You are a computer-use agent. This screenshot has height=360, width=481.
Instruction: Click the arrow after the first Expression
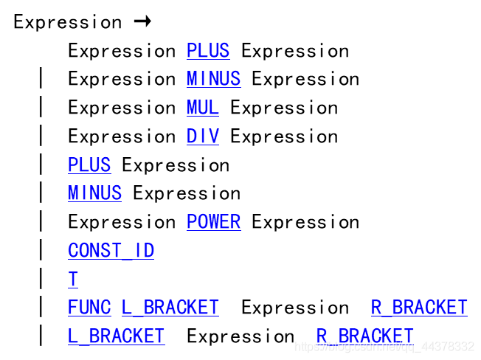142,21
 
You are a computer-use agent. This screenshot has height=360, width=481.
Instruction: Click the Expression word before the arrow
68,23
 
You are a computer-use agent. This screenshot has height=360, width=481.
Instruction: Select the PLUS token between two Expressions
208,51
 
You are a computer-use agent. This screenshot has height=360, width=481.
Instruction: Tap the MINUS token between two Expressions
214,79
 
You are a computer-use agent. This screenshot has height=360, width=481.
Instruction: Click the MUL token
203,108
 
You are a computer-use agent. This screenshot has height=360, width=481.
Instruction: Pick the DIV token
203,136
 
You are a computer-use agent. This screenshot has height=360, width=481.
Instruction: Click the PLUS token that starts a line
89,165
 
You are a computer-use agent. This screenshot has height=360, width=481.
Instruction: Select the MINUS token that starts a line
94,193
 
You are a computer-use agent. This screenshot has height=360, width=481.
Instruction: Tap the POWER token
214,222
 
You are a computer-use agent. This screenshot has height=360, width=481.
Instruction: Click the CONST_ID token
111,251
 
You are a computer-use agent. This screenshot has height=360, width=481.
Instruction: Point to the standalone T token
73,279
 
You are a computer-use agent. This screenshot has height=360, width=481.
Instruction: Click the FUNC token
89,308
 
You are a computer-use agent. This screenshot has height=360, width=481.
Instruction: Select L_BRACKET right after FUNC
170,308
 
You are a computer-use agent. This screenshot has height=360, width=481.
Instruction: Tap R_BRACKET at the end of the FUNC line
419,308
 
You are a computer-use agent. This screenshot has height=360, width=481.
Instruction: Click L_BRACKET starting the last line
117,336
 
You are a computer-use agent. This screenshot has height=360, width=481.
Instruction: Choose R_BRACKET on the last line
365,336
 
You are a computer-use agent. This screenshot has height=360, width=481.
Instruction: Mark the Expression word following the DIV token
284,137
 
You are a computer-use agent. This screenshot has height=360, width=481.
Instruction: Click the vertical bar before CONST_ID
41,251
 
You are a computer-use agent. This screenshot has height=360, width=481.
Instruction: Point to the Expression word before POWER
122,223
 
